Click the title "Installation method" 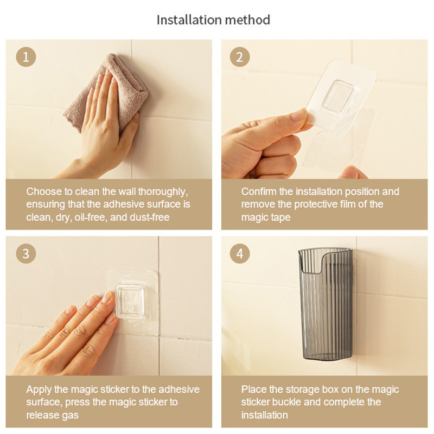coord(213,20)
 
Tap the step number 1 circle coord(25,57)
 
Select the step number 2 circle coord(240,57)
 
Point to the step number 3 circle coord(25,253)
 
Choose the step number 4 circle coord(240,253)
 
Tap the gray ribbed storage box coord(325,304)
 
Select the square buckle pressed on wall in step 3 coord(130,302)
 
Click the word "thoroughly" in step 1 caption coord(163,192)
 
